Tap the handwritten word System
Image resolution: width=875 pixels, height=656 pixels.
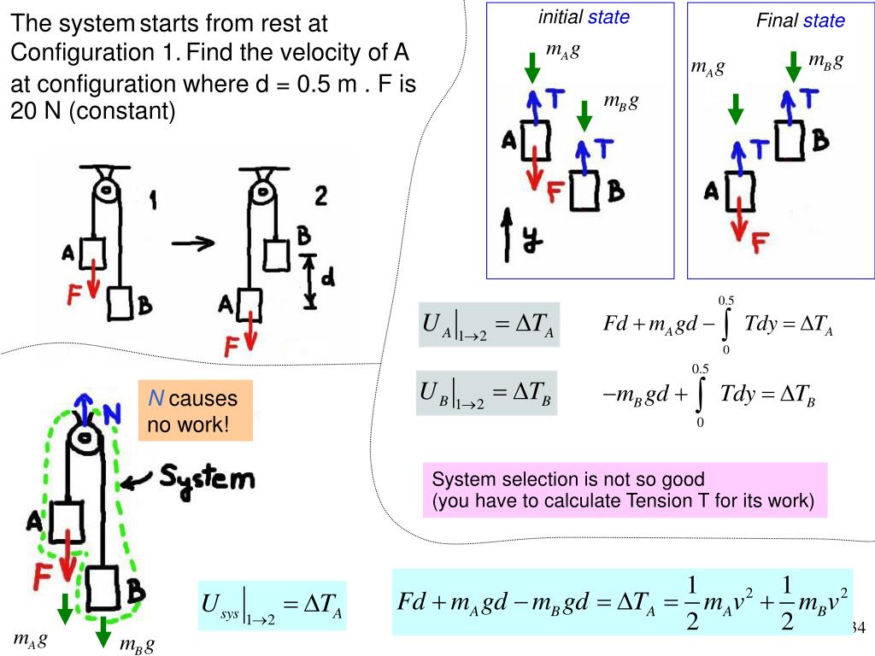(208, 478)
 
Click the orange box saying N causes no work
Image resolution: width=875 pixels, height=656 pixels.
(196, 411)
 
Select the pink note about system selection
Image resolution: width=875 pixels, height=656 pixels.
(625, 489)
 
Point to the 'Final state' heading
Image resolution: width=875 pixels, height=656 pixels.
(800, 20)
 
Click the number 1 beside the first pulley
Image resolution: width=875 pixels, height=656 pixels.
(153, 201)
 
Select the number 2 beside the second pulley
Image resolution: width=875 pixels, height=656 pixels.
(320, 197)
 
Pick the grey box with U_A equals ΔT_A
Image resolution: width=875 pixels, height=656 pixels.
(489, 325)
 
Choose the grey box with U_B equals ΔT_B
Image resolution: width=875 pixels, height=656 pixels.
(486, 393)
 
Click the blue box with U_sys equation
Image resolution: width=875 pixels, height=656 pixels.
(272, 606)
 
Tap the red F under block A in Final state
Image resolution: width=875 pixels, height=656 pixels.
(759, 244)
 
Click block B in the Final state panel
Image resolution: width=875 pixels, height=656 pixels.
(790, 139)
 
